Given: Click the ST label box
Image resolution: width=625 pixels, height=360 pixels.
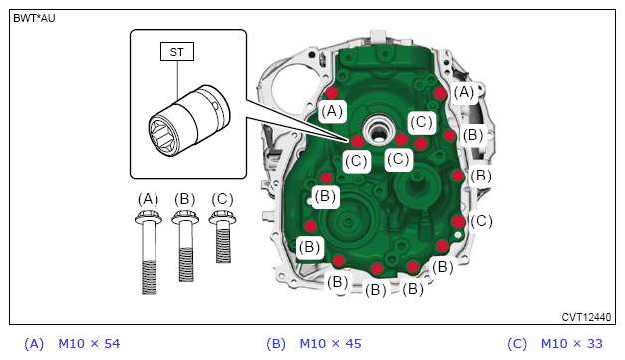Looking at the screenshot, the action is [x=177, y=52].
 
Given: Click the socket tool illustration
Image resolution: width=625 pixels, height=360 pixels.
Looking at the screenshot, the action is [x=189, y=120].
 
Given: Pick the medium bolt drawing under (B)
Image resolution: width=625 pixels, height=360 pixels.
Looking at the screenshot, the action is [x=185, y=246].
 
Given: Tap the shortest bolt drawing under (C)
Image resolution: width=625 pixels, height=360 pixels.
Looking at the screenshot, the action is [x=223, y=237].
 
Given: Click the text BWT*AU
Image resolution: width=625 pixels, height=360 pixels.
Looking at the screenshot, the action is [x=34, y=18].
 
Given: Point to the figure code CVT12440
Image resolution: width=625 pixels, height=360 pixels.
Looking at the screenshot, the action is [x=586, y=317].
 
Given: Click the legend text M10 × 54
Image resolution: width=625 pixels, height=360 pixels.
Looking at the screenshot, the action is [x=89, y=344].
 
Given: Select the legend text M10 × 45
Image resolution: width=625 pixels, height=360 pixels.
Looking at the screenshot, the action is [x=330, y=344].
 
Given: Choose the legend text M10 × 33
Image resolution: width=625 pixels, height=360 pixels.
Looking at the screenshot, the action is [x=572, y=344].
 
